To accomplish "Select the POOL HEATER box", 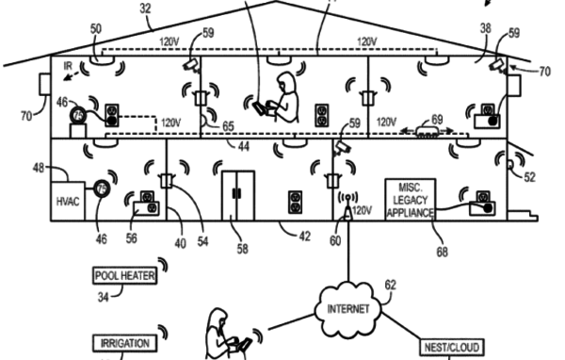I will (x=123, y=276).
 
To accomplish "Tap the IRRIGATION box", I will (x=122, y=343).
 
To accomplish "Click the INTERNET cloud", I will (x=349, y=310).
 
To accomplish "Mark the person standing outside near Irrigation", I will (x=222, y=334).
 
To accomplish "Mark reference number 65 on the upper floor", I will (x=228, y=124).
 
